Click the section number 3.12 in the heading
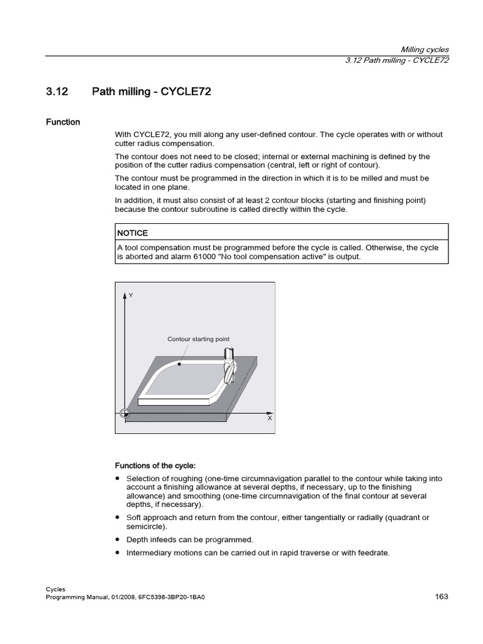[56, 92]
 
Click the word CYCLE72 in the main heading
[186, 92]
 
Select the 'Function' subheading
[63, 122]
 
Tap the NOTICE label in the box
[132, 233]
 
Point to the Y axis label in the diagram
[131, 294]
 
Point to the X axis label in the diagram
[270, 418]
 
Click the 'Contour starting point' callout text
[198, 339]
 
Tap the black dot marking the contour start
[180, 364]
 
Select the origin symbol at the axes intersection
[125, 413]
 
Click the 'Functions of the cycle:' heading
[155, 465]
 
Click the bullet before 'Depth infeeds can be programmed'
[118, 540]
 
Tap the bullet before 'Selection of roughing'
[118, 479]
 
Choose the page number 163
[441, 596]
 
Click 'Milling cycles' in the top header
[425, 50]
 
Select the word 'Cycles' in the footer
[56, 589]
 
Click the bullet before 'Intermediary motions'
[118, 553]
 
